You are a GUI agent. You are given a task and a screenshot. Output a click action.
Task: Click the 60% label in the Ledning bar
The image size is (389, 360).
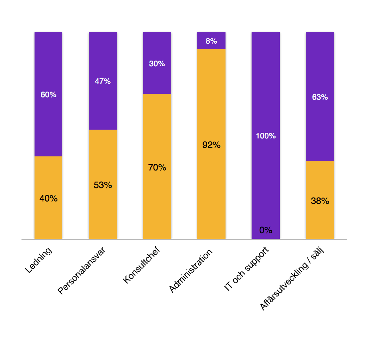pyautogui.click(x=48, y=95)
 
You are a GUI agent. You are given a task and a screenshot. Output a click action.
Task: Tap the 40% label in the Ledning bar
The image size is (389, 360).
pyautogui.click(x=48, y=198)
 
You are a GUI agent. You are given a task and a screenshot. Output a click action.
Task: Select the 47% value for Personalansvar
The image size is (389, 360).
pyautogui.click(x=103, y=81)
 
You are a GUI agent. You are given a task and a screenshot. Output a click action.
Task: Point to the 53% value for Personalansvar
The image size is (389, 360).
pyautogui.click(x=103, y=185)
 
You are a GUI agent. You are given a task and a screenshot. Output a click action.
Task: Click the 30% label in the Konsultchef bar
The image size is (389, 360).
pyautogui.click(x=157, y=64)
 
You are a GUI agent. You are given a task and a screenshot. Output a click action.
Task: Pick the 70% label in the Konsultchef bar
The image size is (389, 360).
pyautogui.click(x=157, y=167)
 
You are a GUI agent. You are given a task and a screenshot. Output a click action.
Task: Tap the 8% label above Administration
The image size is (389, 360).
pyautogui.click(x=211, y=41)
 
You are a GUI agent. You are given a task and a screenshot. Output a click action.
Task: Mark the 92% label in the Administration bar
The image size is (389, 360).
pyautogui.click(x=211, y=145)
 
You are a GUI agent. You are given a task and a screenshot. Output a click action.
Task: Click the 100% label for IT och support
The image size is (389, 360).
pyautogui.click(x=266, y=136)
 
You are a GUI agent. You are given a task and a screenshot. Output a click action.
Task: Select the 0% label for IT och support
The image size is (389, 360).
pyautogui.click(x=266, y=230)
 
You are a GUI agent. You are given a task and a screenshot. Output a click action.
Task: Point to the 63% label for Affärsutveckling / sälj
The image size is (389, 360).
pyautogui.click(x=320, y=97)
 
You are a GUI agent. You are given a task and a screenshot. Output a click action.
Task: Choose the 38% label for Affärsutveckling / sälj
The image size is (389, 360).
pyautogui.click(x=320, y=201)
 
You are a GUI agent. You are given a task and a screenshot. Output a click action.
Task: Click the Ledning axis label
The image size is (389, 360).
pyautogui.click(x=39, y=261)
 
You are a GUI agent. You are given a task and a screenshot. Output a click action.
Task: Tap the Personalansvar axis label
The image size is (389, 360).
pyautogui.click(x=81, y=271)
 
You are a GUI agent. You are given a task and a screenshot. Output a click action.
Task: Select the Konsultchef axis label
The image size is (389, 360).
pyautogui.click(x=141, y=266)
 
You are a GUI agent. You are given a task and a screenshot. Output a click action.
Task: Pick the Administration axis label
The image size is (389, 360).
pyautogui.click(x=191, y=271)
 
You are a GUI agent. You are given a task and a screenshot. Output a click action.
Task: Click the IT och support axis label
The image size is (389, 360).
pyautogui.click(x=246, y=269)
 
